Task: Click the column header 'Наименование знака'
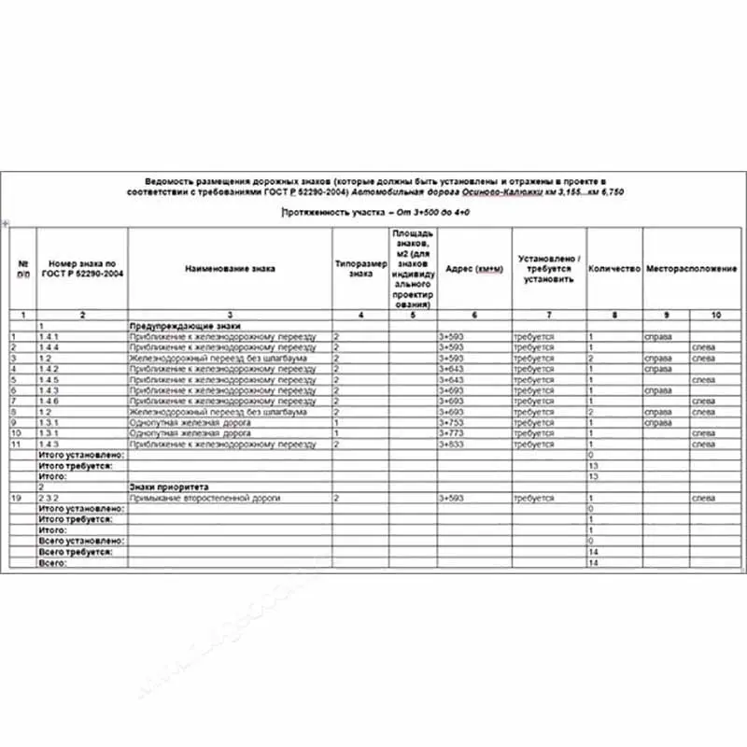tap(230, 268)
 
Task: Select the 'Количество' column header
tap(613, 268)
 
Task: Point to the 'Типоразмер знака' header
tap(360, 268)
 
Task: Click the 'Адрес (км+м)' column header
tap(474, 268)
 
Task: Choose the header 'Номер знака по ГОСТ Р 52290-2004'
tap(82, 268)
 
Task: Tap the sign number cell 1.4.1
tap(49, 335)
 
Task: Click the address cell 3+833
tap(451, 444)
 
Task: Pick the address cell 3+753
tap(451, 422)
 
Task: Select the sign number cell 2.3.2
tap(49, 499)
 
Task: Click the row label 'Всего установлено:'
tap(75, 542)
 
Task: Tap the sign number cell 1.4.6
tap(49, 401)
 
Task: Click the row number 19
tap(14, 499)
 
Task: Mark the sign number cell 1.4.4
tap(49, 346)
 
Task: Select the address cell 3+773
tap(451, 433)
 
